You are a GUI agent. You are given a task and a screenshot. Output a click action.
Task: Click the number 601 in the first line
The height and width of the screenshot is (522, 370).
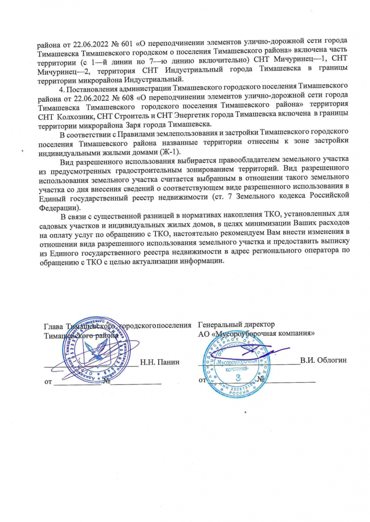[x=115, y=43]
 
